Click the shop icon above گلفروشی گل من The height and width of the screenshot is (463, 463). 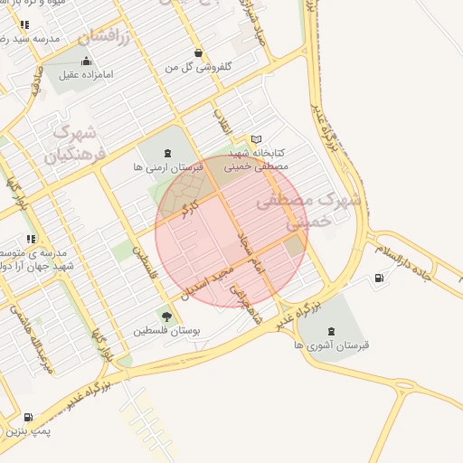click(198, 52)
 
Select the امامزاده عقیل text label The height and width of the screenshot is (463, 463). click(85, 75)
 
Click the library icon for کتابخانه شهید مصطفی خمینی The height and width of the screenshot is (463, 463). click(257, 139)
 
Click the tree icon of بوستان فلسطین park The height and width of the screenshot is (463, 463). click(166, 316)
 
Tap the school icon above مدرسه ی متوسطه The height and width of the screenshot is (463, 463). click(31, 240)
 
